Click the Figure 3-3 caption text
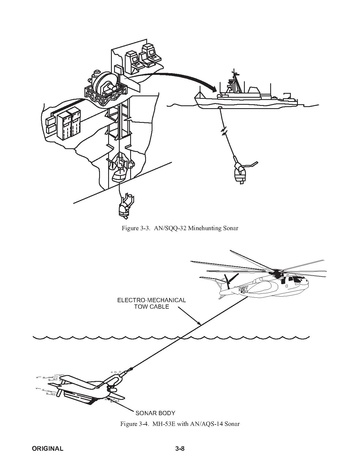pos(180,228)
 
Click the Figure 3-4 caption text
pos(180,424)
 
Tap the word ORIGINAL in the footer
pos(47,448)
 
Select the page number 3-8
pos(180,448)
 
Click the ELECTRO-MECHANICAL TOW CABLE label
pos(151,303)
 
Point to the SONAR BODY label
pos(155,413)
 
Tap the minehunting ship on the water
pos(246,92)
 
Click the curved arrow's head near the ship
pos(212,89)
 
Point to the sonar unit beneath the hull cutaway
pos(124,206)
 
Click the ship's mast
pos(235,81)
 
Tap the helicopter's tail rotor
pos(229,279)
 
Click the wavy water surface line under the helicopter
pos(171,338)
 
